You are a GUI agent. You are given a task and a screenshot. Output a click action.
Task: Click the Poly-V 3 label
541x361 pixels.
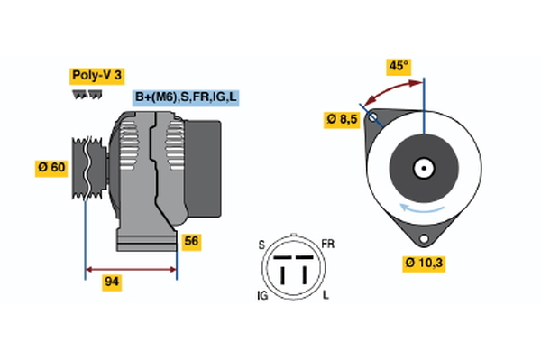[96, 76]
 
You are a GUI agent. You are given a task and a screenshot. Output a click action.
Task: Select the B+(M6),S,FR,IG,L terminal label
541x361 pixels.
[186, 97]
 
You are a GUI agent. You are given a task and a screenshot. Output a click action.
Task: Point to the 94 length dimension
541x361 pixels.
[112, 282]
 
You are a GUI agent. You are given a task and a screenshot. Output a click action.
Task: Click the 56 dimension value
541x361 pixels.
[191, 241]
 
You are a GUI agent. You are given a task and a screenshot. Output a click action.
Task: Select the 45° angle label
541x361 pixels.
[399, 66]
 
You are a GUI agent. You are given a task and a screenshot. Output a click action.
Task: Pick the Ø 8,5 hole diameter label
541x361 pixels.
[344, 119]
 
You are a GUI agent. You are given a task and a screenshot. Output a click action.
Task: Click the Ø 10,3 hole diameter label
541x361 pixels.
[425, 264]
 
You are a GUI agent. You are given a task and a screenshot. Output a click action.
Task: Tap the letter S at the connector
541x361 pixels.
[261, 244]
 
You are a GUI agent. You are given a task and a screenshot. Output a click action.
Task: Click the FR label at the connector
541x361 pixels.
[327, 244]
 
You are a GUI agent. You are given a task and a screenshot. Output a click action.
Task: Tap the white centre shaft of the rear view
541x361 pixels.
[424, 168]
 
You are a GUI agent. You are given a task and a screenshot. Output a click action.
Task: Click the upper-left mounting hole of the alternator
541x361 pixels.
[371, 117]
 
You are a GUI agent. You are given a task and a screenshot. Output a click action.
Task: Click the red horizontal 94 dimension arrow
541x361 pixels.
[131, 268]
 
